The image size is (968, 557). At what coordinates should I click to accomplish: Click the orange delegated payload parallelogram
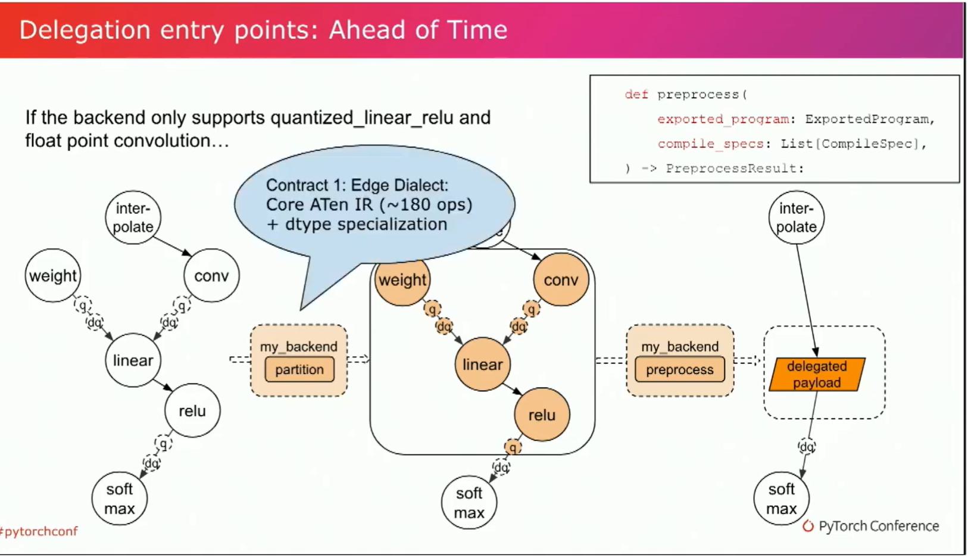click(817, 375)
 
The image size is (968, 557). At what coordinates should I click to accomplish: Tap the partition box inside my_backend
click(299, 369)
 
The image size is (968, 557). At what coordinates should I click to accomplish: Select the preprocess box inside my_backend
click(680, 369)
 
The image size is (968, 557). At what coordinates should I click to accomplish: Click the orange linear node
click(483, 365)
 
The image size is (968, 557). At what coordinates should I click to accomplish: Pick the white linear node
click(133, 360)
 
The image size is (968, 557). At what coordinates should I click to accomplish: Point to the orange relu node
click(542, 415)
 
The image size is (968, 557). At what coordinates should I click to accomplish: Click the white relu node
click(192, 410)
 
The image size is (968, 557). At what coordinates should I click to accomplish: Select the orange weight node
click(403, 280)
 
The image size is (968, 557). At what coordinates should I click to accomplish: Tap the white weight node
click(53, 275)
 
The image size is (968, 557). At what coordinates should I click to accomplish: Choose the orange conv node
click(561, 280)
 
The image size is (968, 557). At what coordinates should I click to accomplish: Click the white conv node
click(211, 275)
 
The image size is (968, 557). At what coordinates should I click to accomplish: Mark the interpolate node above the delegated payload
click(797, 217)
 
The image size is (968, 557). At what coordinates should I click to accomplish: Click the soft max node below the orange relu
click(469, 503)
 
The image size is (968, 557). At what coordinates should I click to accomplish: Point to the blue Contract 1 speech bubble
click(374, 207)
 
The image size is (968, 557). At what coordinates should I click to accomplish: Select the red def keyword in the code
click(636, 94)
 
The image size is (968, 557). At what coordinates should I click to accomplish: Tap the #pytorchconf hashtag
click(39, 531)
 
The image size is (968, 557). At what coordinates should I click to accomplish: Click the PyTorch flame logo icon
click(808, 526)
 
